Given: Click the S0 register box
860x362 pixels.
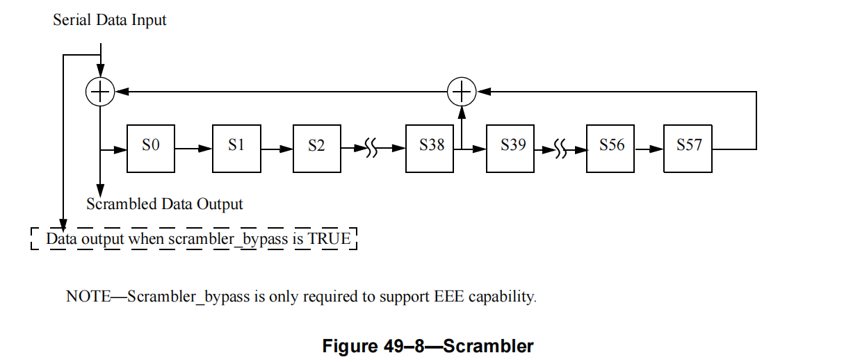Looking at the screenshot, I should click(x=151, y=148).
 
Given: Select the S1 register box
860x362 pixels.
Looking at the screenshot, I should click(x=236, y=148).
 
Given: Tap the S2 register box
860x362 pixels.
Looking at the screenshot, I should click(x=316, y=148).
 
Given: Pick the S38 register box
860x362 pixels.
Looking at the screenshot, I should click(x=431, y=148).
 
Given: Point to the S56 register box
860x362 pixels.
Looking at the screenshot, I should click(x=611, y=148).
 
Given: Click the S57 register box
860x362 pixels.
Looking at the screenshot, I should click(x=688, y=148).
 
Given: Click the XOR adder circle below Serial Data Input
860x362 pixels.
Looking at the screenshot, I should click(x=100, y=91).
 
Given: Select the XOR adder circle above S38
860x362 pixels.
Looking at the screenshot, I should click(x=460, y=91).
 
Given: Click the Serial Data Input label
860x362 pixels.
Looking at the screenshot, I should click(x=110, y=20).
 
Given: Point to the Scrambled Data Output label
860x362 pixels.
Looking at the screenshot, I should click(x=165, y=204).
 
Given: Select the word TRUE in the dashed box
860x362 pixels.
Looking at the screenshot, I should click(x=330, y=239).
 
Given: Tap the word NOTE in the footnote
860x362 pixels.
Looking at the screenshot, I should click(x=88, y=297).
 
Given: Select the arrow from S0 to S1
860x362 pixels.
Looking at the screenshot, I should click(x=194, y=148).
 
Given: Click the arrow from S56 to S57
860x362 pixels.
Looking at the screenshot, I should click(x=649, y=148).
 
